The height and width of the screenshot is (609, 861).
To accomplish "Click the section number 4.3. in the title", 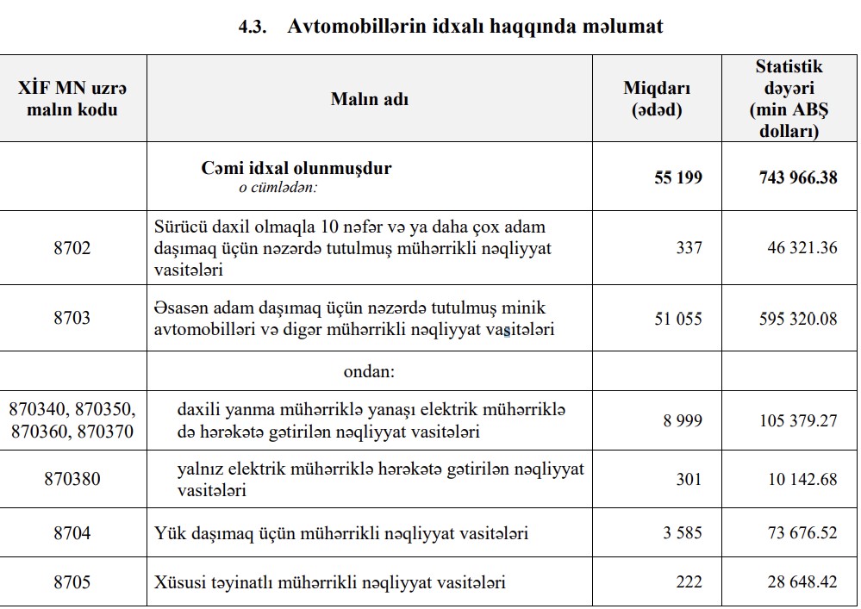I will coord(255,27).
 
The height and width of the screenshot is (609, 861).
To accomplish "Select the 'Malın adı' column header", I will coord(370,99).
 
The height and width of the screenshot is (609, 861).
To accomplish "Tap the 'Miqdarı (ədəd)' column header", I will coord(657,99).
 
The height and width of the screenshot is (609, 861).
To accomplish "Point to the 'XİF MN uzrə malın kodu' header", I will coord(72,98).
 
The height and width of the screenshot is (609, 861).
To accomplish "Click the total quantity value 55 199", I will coord(678,177).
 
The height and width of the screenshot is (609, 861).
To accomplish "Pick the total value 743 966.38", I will coord(797,177).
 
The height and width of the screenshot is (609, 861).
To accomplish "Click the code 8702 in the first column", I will coord(72,248).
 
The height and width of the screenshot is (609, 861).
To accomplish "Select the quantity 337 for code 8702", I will coord(689,248).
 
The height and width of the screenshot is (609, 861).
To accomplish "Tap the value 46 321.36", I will coord(802,248).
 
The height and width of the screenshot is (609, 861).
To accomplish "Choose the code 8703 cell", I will coord(72,319).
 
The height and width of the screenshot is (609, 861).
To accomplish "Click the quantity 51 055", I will coord(678,319).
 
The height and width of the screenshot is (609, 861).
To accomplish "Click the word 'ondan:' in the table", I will coord(369,373).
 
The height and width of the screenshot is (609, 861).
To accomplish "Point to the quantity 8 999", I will coord(683,420).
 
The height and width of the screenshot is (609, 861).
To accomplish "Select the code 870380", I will coord(72,479).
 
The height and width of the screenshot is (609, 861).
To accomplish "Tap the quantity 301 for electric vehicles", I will coord(689,479).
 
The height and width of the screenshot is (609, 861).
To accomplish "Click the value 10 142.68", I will coord(802,479).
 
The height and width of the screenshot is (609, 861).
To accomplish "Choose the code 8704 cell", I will coord(72,533).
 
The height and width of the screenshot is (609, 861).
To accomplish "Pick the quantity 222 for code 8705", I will coord(689,582).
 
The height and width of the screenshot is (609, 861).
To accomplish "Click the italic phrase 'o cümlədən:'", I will coord(278,187).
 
